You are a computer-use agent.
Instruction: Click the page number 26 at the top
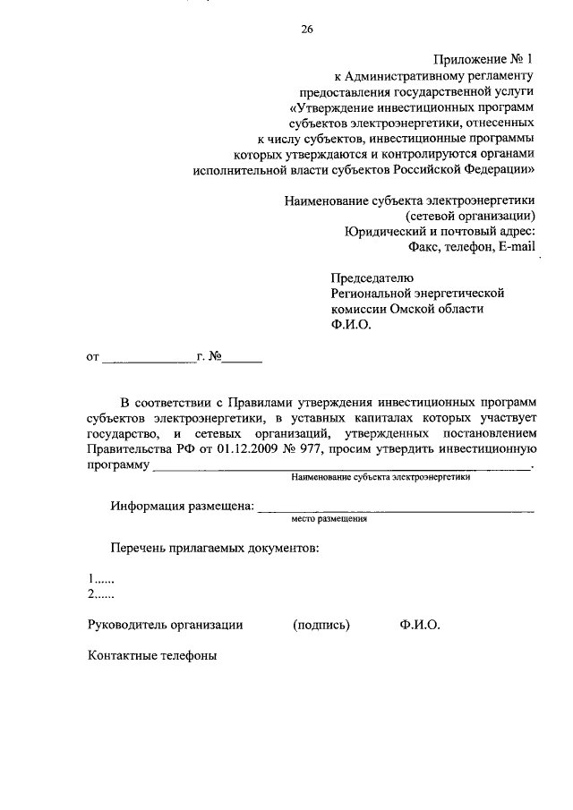(307, 30)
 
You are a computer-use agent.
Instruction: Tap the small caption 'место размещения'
(329, 518)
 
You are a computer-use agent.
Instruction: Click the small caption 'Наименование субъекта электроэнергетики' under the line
(381, 478)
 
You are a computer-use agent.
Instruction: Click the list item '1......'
(101, 579)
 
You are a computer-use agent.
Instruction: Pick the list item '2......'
(101, 594)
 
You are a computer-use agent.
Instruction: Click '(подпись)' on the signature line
(321, 625)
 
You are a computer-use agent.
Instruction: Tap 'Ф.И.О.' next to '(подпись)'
(420, 625)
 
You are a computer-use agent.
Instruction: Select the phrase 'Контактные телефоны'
(152, 655)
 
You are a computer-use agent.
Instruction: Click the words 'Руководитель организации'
(166, 625)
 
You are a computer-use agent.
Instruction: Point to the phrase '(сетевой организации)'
(471, 216)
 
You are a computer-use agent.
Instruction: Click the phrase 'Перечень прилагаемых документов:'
(214, 548)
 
